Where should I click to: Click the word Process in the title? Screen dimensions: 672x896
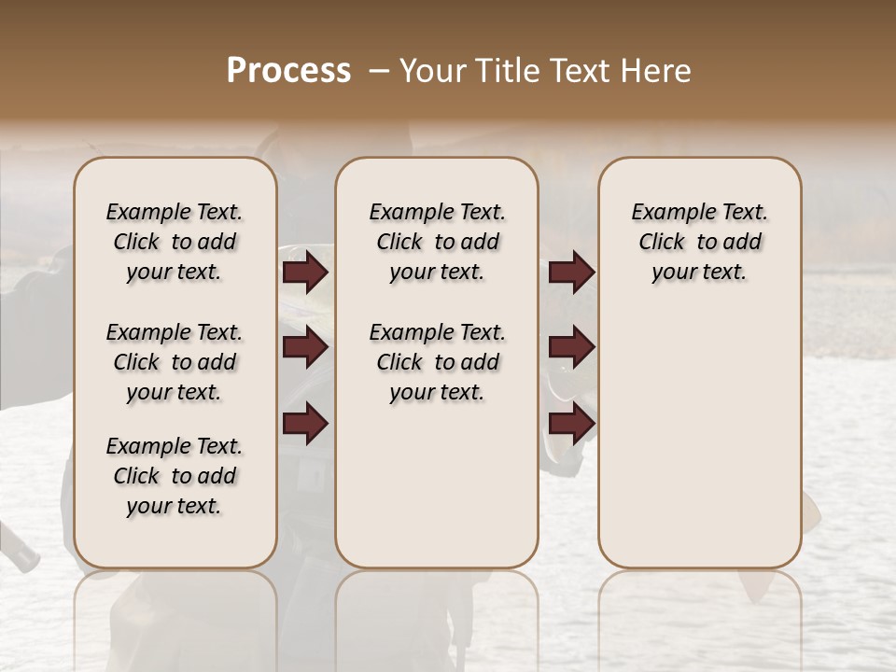tap(288, 71)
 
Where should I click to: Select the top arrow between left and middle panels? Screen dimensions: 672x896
tap(305, 273)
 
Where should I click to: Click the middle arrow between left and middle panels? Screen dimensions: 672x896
tap(305, 347)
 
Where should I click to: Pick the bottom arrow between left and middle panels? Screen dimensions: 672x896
tap(305, 423)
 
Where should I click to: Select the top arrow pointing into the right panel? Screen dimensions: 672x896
tap(571, 273)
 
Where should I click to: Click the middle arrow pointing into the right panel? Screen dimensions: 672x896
tap(571, 347)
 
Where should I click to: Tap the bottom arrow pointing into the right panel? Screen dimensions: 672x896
tap(571, 423)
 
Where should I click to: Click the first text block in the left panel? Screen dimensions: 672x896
tap(175, 242)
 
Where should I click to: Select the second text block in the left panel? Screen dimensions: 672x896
tap(175, 362)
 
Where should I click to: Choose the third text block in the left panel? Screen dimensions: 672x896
tap(175, 476)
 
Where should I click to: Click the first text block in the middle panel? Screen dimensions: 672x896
tap(438, 242)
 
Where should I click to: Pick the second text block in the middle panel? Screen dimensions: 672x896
tap(438, 362)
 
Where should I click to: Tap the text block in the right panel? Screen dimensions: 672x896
tap(699, 242)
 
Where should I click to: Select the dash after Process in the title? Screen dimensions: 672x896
tap(377, 71)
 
